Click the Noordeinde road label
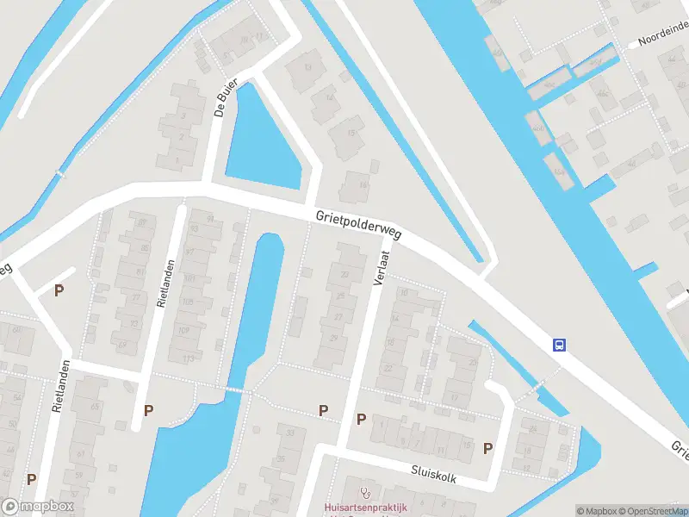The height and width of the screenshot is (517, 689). [x=662, y=35]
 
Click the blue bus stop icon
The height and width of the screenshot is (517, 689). [x=559, y=346]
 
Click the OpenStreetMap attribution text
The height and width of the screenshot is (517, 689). [x=652, y=511]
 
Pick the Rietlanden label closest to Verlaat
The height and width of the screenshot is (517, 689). [x=166, y=283]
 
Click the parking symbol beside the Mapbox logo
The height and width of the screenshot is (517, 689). [x=32, y=480]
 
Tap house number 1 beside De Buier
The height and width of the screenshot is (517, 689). [x=178, y=159]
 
